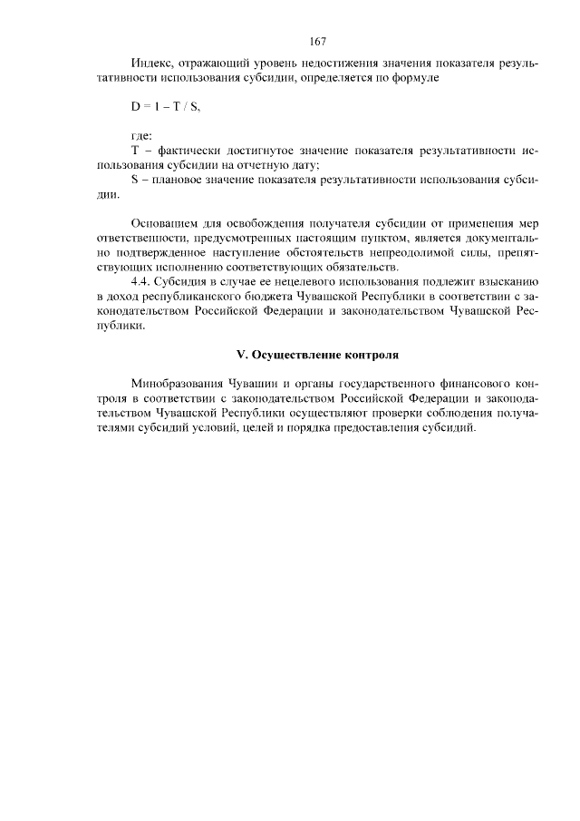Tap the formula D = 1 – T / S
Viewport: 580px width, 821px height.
[165, 107]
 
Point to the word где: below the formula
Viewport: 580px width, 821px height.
[141, 135]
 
